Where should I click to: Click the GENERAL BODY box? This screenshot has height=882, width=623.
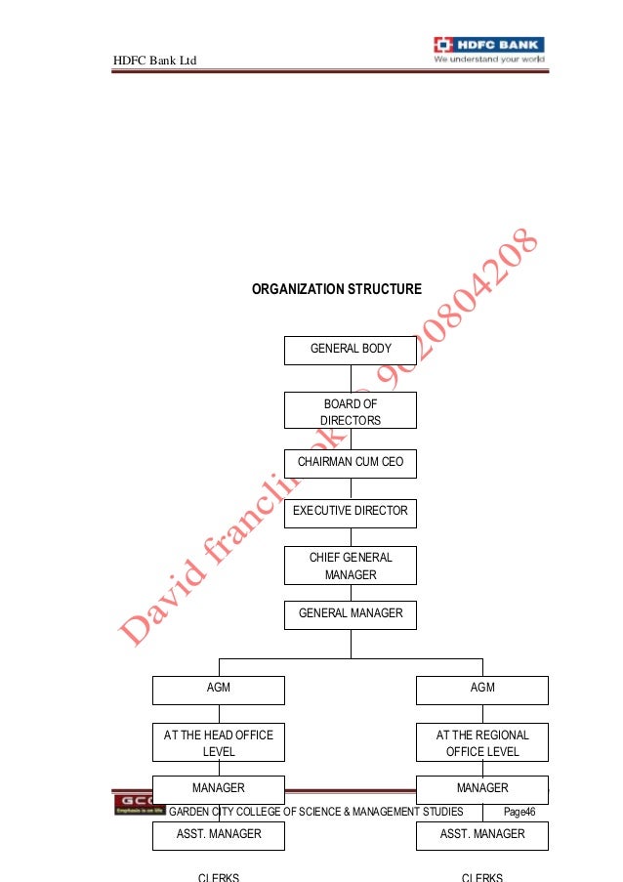coord(351,350)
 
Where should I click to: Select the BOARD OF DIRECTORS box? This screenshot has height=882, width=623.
coord(351,411)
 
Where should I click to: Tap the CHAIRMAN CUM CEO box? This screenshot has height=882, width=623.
coord(351,463)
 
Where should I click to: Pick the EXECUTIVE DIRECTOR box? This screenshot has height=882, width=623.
coord(351,511)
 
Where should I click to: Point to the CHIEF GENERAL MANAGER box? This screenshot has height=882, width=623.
coord(351,567)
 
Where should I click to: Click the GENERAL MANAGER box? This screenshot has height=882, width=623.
coord(351,614)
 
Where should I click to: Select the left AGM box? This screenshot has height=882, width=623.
coord(219,690)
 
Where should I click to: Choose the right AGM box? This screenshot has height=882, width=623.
coord(482,690)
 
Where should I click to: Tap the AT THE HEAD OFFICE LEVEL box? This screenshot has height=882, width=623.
coord(219,743)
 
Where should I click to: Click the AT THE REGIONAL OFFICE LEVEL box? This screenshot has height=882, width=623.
coord(482,743)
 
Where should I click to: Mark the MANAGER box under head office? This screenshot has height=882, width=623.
coord(219,788)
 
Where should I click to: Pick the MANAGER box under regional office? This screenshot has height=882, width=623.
coord(482,788)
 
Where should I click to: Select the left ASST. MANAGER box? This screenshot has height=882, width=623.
coord(219,835)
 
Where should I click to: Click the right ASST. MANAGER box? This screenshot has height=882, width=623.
coord(482,835)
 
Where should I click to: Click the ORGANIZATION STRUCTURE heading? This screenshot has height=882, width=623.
coord(337,289)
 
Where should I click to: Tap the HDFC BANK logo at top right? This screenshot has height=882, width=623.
coord(489,51)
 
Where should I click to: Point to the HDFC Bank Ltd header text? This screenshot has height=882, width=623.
coord(155,62)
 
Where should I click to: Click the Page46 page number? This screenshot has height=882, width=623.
coord(519,812)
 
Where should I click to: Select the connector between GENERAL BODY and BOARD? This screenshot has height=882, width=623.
coord(351,379)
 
